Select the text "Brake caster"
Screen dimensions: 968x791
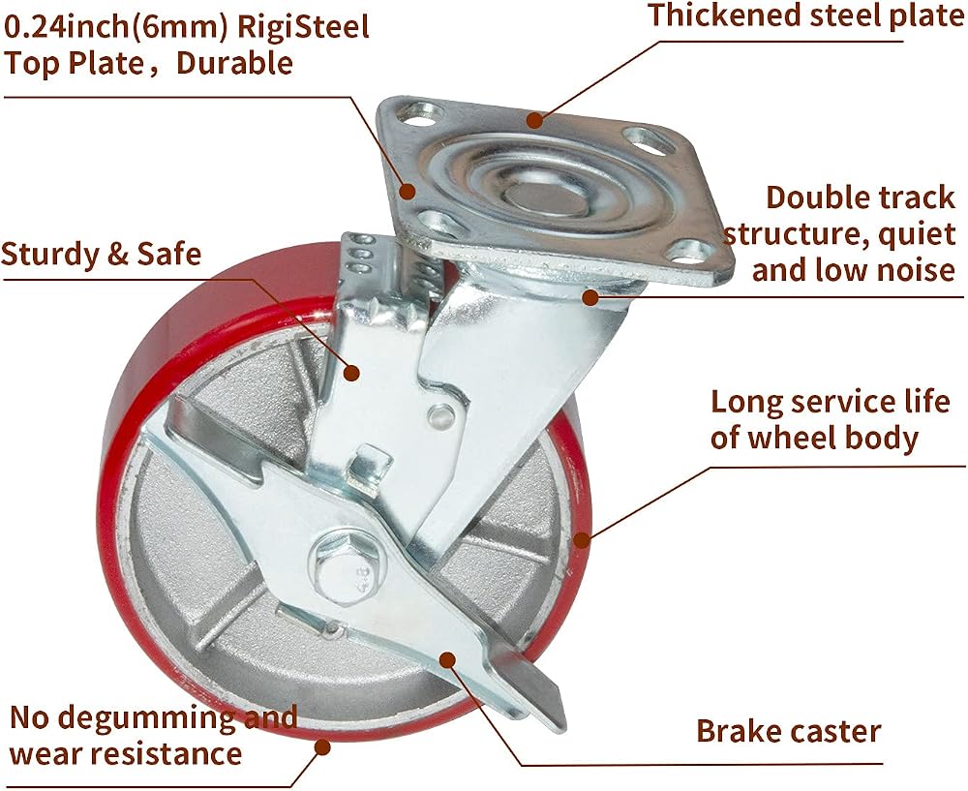tap(788, 731)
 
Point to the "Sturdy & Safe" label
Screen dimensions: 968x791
tap(102, 254)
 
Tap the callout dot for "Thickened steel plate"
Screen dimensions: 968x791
tap(534, 120)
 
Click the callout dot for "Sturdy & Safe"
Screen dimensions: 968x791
tap(351, 373)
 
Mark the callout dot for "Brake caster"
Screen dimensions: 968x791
tap(448, 659)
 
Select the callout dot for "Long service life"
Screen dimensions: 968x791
tap(581, 540)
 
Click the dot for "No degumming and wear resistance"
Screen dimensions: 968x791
tap(321, 747)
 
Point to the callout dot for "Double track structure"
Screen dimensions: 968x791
tap(590, 297)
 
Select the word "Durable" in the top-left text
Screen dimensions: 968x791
tap(234, 63)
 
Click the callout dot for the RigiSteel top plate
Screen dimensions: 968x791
tap(407, 191)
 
